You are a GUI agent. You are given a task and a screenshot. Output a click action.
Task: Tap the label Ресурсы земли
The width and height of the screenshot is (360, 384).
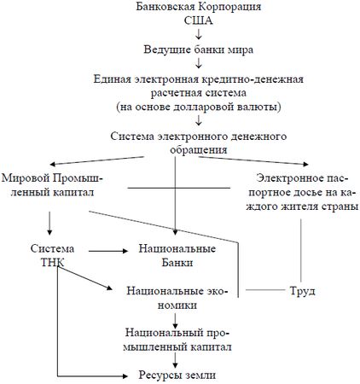point(175,374)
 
